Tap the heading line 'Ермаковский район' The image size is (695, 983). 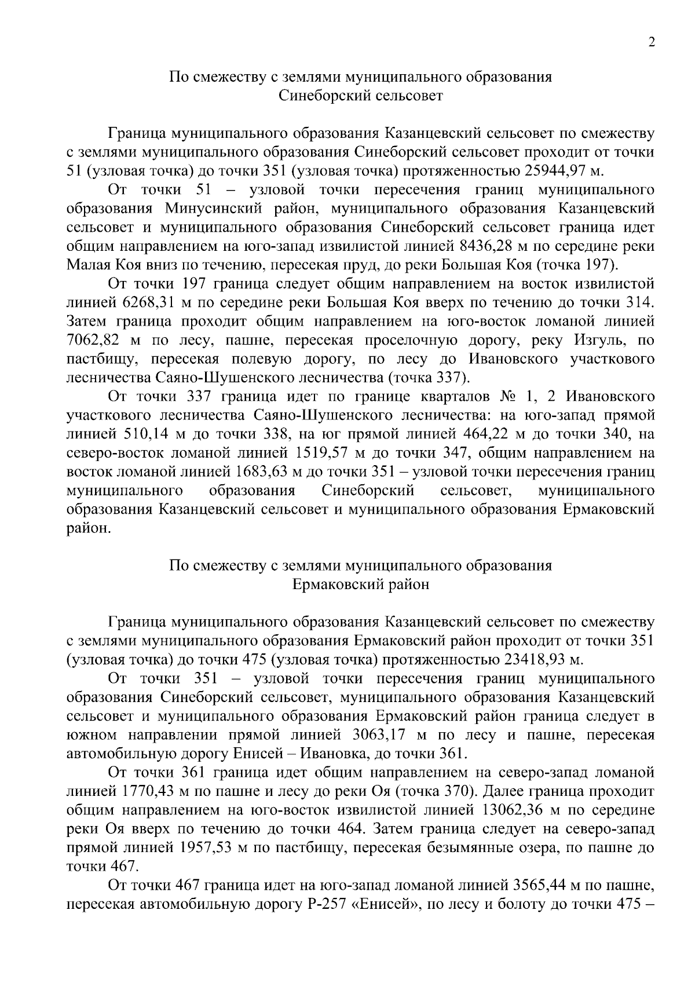pos(360,584)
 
